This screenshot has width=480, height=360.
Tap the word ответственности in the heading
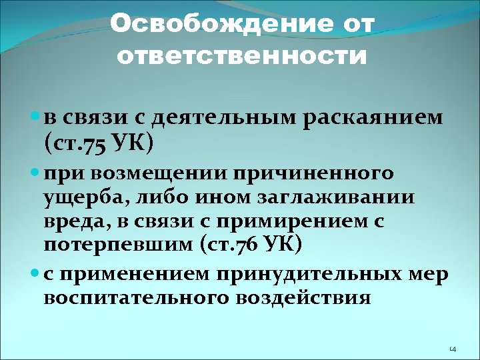tap(242, 57)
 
